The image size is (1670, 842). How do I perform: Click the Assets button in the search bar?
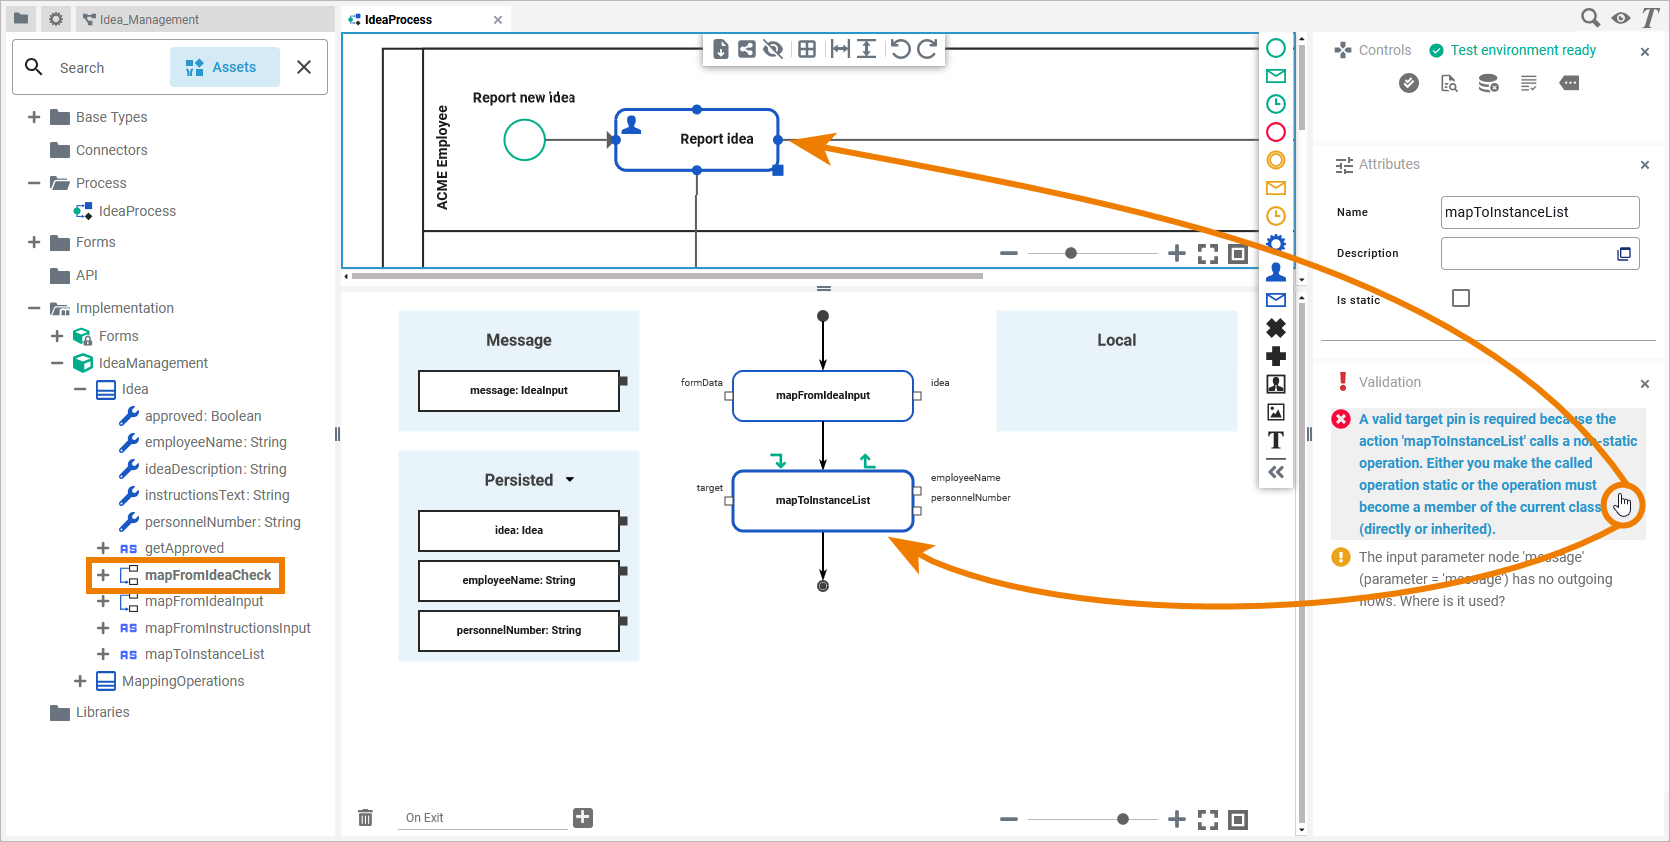223,67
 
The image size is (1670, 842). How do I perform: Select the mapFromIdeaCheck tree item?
207,575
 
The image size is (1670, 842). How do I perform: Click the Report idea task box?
697,140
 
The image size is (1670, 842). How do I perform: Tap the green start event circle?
524,140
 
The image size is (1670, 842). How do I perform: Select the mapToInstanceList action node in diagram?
822,500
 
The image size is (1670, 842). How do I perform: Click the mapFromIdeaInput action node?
822,396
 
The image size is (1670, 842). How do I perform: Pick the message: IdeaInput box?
518,391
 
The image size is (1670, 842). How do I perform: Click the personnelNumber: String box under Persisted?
518,631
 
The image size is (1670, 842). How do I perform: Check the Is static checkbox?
1461,298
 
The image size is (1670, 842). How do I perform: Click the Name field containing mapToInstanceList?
1538,212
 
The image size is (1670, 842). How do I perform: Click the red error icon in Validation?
1341,419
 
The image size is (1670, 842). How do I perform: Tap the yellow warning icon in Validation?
1341,557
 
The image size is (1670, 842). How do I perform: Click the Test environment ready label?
1523,50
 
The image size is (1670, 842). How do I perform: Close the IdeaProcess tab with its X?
498,20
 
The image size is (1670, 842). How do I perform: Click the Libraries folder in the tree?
102,712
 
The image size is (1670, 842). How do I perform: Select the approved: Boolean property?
202,416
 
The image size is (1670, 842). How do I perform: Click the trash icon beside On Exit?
366,818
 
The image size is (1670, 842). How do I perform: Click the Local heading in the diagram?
1116,340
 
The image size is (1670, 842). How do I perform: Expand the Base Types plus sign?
34,117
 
